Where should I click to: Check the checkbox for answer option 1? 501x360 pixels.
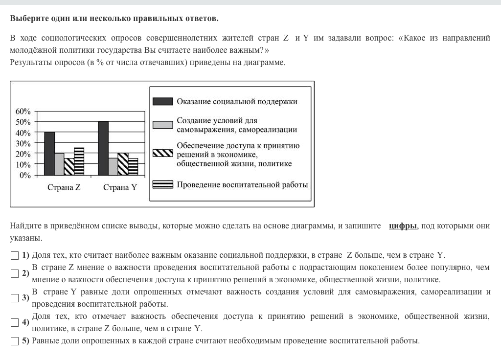pos(14,255)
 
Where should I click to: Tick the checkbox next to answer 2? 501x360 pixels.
pos(14,274)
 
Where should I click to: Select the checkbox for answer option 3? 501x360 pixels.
pos(14,298)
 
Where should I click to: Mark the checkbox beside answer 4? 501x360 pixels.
pos(14,322)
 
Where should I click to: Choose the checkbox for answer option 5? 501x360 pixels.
pos(14,341)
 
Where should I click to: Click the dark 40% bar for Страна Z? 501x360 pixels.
pos(49,154)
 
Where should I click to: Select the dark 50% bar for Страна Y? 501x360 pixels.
pos(103,148)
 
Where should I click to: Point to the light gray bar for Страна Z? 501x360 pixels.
pos(59,164)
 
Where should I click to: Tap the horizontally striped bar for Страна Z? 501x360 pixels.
pos(79,161)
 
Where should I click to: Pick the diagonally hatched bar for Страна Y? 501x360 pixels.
pos(123,164)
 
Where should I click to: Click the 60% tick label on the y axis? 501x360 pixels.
pos(23,112)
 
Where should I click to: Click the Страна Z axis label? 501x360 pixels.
pos(64,188)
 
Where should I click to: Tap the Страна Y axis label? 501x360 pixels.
pos(120,188)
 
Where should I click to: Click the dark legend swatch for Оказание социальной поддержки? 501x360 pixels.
pos(162,101)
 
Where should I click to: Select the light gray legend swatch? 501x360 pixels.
pos(162,125)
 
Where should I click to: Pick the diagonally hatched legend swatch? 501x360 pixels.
pos(162,153)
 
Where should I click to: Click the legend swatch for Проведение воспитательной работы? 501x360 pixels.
pos(162,184)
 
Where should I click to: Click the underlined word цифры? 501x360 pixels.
pos(403,226)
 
